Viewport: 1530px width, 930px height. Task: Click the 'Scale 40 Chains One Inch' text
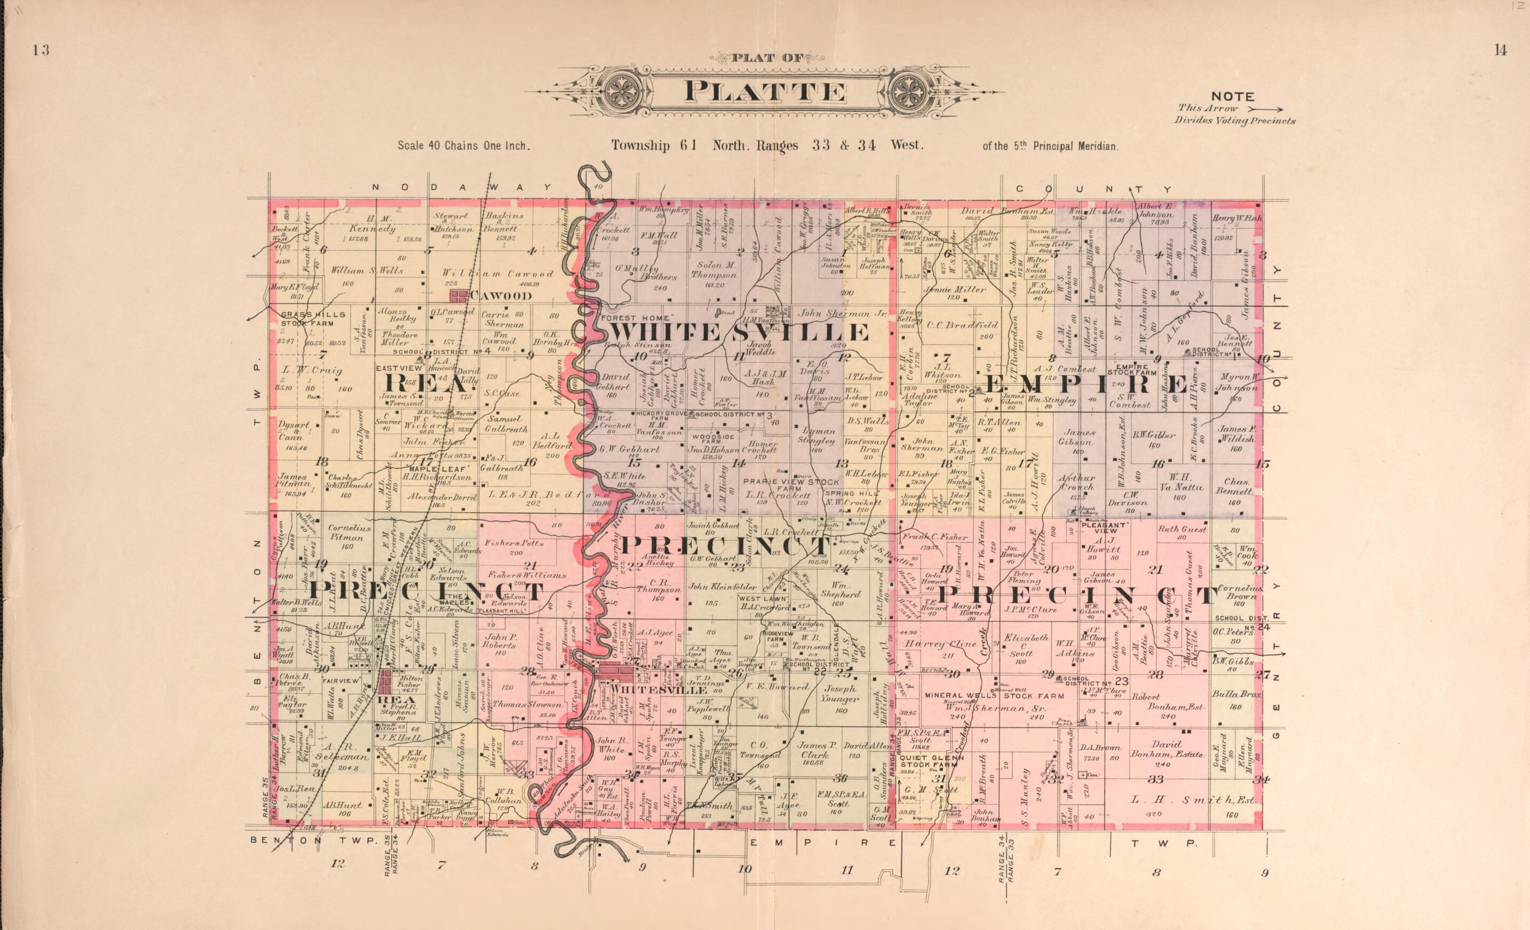(463, 147)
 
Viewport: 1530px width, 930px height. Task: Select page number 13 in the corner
(41, 51)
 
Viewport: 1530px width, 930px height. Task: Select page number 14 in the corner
(1500, 51)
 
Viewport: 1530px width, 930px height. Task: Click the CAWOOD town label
(500, 296)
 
